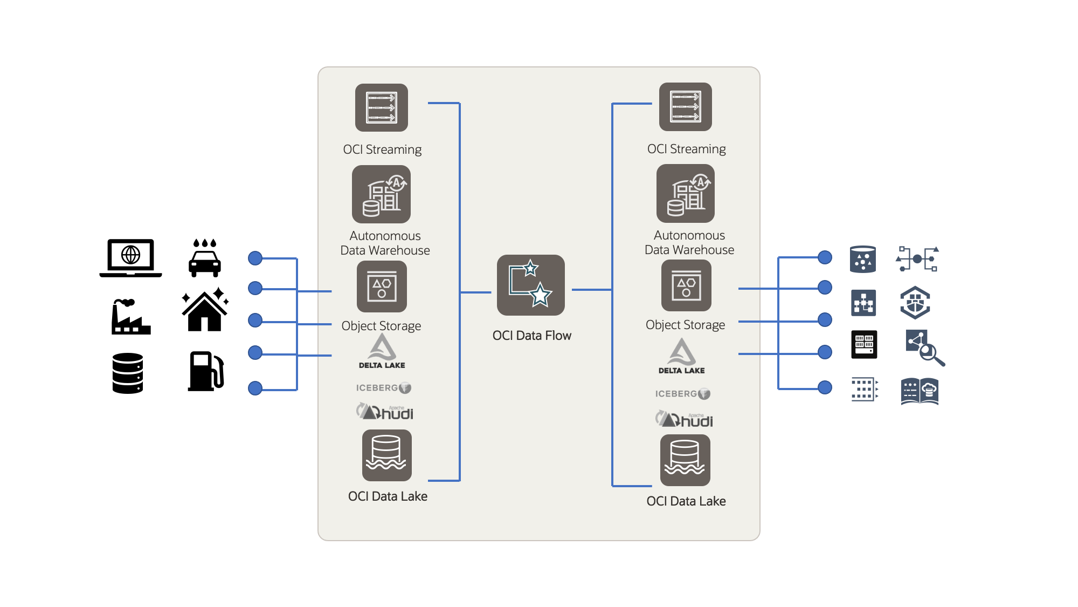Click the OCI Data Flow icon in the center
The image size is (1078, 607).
point(530,285)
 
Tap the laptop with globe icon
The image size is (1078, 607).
point(130,257)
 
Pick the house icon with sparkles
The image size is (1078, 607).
point(205,310)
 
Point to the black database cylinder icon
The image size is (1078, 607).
point(128,373)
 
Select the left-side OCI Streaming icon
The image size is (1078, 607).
point(381,107)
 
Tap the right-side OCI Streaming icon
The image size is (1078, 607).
point(685,107)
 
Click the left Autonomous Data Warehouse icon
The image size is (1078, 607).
point(381,194)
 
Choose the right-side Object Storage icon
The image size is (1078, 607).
point(686,285)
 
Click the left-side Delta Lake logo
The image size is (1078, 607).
point(382,351)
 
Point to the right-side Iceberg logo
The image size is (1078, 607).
point(682,394)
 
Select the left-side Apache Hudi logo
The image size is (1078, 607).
point(384,412)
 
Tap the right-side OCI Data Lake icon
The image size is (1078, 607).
point(685,460)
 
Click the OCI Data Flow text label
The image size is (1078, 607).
point(531,336)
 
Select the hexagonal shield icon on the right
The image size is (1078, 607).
point(915,303)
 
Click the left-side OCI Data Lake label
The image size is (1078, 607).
point(388,496)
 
